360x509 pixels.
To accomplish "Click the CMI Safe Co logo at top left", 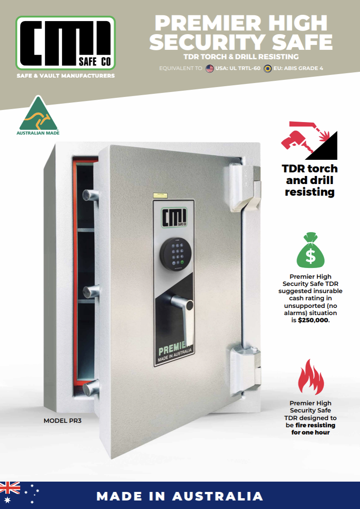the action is pos(66,43).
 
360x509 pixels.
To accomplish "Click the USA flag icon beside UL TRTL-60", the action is pos(210,69).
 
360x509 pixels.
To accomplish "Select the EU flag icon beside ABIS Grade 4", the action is pos(268,69).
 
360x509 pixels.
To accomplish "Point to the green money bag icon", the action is pos(311,250).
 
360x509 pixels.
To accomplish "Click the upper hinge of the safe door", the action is pos(245,186).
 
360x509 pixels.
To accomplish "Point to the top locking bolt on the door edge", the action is pos(90,195).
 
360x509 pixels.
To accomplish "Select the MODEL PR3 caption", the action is pos(63,421).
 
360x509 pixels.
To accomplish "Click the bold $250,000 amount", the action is pos(313,320).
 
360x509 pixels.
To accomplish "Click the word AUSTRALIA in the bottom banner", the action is pos(218,496).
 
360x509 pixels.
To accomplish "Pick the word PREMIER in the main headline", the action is pos(208,23).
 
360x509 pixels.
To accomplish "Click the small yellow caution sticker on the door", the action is pos(160,195).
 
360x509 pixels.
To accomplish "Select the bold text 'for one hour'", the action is pos(311,432).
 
